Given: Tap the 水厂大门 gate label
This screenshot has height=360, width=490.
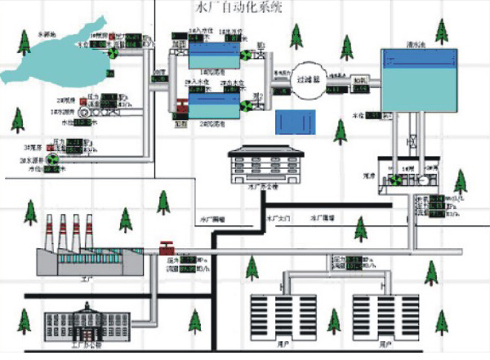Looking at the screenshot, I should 278,219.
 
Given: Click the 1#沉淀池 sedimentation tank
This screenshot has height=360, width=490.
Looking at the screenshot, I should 214,55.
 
